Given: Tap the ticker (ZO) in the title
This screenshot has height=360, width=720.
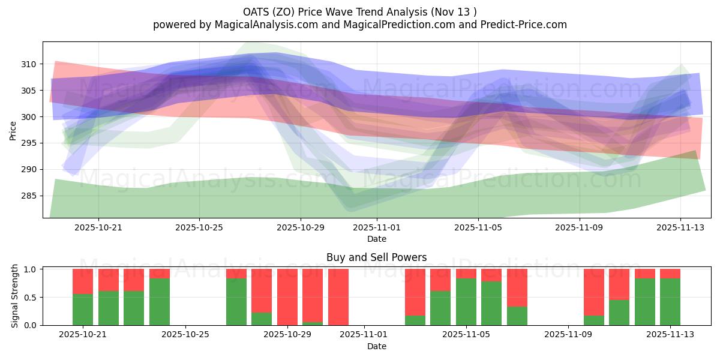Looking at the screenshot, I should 282,12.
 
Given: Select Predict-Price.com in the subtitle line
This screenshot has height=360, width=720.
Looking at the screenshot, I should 522,25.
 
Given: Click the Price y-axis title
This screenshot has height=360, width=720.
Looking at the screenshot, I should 13,130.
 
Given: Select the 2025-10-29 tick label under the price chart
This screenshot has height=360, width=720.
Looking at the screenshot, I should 301,228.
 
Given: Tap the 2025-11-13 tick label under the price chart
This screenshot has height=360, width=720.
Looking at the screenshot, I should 680,228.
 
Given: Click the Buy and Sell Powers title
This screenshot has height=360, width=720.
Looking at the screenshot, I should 377,257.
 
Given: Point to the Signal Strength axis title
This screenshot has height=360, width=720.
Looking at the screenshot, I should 15,297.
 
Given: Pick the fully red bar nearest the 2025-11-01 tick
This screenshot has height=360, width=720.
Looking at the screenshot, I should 338,297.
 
